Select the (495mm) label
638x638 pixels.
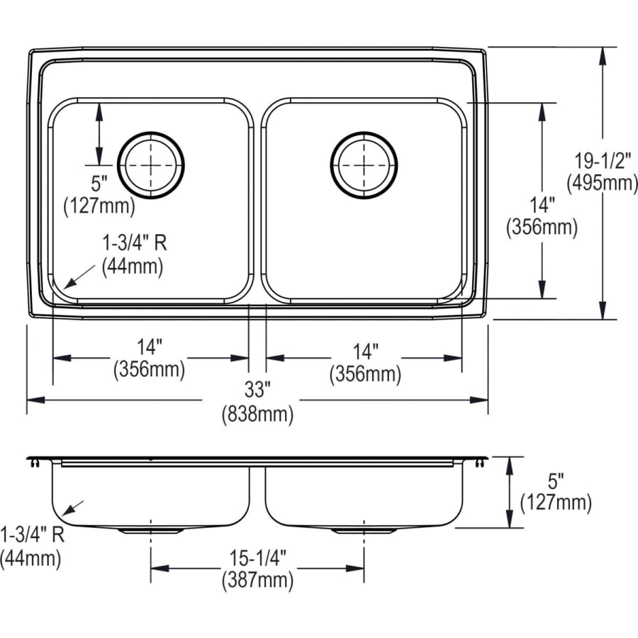pos(602,183)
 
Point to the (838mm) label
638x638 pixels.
pos(257,415)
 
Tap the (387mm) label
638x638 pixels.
pos(257,581)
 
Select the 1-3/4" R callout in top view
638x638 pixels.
pos(133,243)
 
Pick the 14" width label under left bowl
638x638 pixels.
pos(150,347)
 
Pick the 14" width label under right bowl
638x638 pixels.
pos(364,351)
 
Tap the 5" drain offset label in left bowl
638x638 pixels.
pos(99,184)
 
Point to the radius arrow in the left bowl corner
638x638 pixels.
pos(79,274)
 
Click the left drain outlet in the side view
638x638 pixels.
pos(151,530)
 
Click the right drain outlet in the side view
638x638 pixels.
pos(364,530)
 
